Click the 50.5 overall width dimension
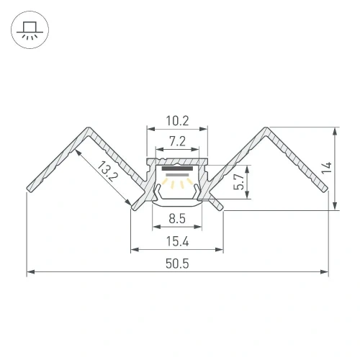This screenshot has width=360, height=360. point(177,264)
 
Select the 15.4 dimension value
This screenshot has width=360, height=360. point(177,241)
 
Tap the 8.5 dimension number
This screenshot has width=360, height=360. point(177,219)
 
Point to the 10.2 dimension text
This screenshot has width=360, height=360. point(177,121)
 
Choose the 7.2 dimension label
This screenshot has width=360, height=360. point(177,141)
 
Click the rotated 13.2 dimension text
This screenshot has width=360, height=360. point(107,171)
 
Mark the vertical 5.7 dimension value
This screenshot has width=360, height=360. point(239,182)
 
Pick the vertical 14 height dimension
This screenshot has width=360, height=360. point(327,168)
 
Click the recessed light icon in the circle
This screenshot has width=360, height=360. point(30,30)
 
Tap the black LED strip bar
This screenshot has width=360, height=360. point(177,168)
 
